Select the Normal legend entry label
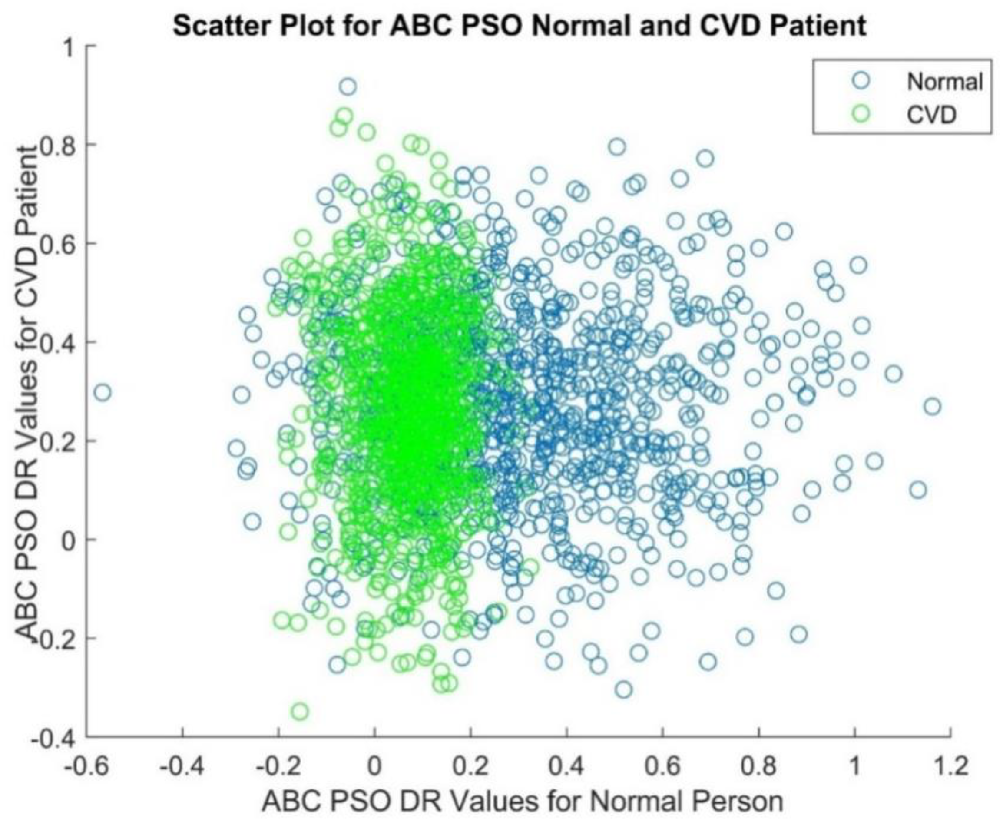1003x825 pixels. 944,82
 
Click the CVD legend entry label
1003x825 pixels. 932,115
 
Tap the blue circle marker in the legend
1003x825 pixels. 861,80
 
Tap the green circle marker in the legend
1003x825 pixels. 861,113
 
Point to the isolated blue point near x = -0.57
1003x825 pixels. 102,393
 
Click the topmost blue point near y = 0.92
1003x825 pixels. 348,87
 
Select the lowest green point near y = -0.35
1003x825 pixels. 300,712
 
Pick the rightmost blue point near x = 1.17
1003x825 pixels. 932,407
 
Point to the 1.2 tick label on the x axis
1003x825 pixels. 950,766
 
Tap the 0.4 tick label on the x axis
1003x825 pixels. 566,766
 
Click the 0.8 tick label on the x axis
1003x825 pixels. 758,766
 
